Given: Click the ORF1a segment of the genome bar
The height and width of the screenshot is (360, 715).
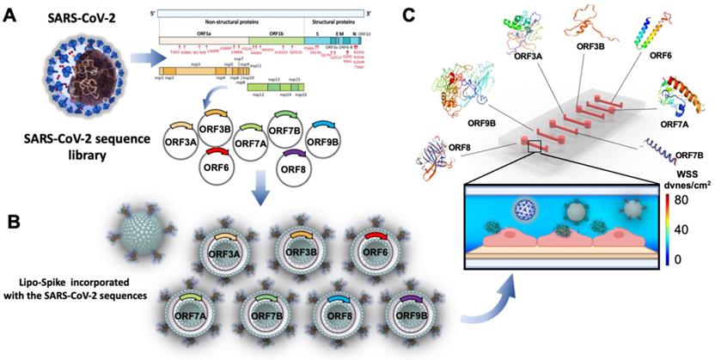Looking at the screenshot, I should click(x=199, y=40).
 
